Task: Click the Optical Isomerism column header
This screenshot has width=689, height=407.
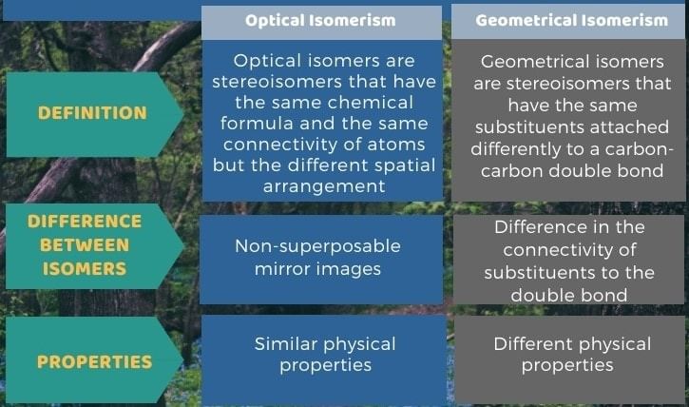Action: tap(320, 20)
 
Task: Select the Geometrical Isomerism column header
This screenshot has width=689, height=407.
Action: tap(572, 20)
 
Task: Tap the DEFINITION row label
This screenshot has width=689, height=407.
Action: tap(92, 113)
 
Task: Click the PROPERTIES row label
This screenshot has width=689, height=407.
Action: tap(94, 361)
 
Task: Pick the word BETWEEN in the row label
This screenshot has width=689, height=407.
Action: tap(85, 244)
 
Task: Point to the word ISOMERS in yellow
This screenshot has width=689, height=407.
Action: tap(85, 268)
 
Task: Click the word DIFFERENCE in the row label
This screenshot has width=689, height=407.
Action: tap(85, 221)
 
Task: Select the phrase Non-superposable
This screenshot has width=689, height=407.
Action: tap(317, 246)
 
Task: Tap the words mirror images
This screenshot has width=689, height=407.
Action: tap(317, 268)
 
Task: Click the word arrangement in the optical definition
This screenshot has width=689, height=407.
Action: tap(324, 186)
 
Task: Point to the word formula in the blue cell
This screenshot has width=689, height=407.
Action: tap(257, 123)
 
